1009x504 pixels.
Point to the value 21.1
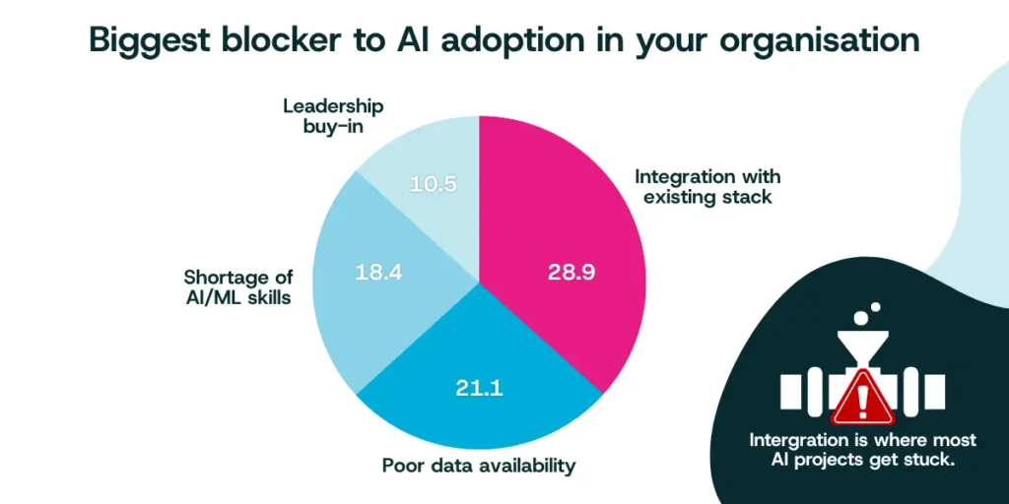tap(479, 387)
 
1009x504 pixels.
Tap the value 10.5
tap(434, 183)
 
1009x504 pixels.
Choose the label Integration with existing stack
tap(707, 186)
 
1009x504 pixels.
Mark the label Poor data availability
tap(478, 466)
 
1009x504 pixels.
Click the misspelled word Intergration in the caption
tap(801, 439)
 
